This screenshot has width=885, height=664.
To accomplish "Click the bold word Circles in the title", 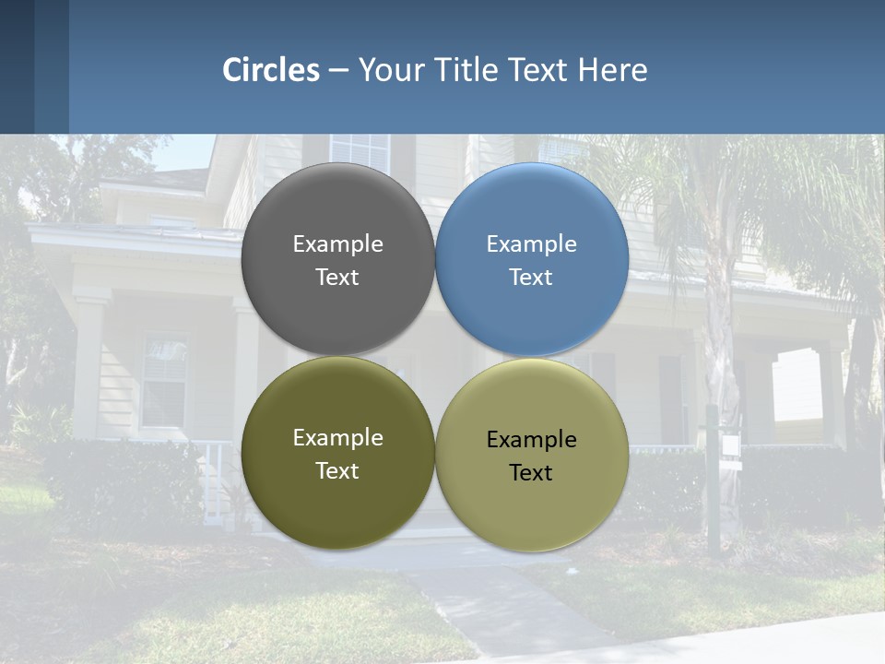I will [x=271, y=70].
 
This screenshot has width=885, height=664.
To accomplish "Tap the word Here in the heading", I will [x=612, y=70].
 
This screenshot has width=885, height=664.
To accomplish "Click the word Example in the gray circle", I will [x=337, y=244].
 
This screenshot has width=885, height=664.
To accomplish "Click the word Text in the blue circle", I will [x=531, y=278].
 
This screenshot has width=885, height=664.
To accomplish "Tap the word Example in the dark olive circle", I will [x=337, y=438].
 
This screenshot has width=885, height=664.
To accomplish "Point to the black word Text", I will [x=531, y=473].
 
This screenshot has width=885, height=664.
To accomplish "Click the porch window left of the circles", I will [x=165, y=378].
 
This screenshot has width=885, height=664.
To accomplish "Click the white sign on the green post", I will [x=731, y=446].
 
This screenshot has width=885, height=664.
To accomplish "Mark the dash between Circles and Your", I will [x=338, y=71].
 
